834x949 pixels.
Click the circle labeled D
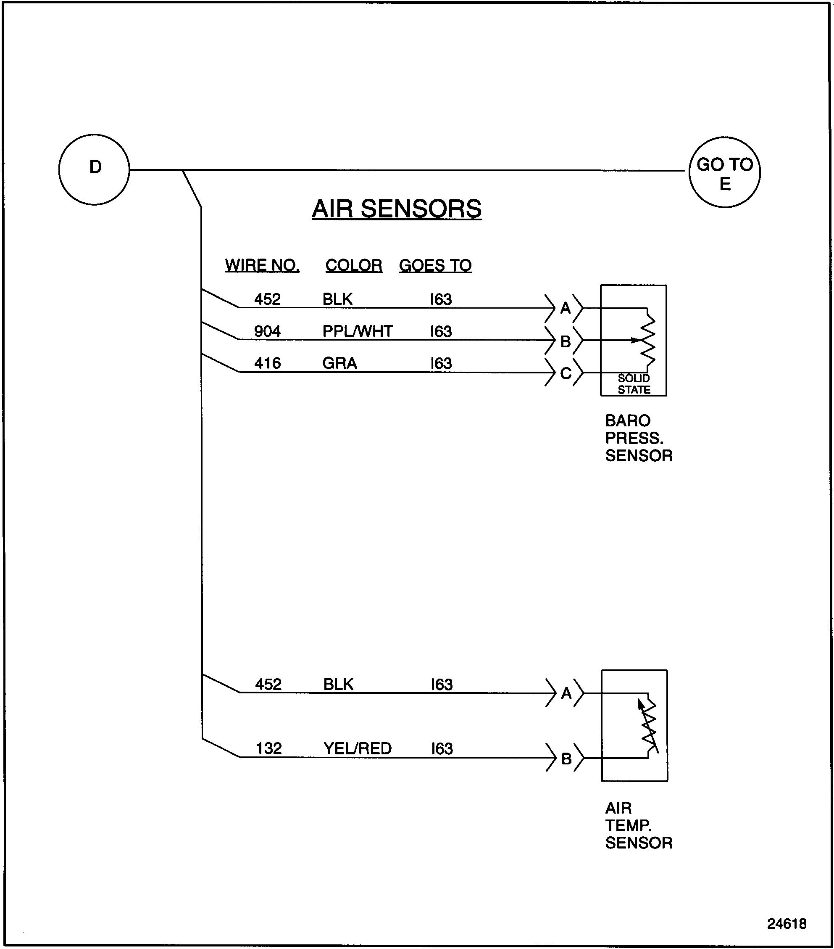(x=94, y=169)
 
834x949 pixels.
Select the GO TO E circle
(x=724, y=172)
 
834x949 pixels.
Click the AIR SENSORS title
(x=397, y=209)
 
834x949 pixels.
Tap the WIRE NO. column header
(x=262, y=266)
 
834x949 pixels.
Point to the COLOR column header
(x=354, y=266)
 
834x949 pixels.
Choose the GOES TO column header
(x=435, y=266)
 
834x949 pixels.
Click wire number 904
(x=267, y=331)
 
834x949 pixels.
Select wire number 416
(x=267, y=362)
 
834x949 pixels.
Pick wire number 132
(x=269, y=748)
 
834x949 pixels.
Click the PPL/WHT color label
(x=358, y=331)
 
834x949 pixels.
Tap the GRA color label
(x=339, y=362)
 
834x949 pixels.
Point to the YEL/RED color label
(x=357, y=748)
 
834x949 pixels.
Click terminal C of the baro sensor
(x=566, y=373)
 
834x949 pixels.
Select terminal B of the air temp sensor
(x=566, y=759)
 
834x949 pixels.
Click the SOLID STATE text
(x=634, y=384)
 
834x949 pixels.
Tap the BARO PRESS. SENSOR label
(x=638, y=438)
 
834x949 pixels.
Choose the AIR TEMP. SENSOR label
(x=638, y=825)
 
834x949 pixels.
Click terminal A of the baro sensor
(x=566, y=308)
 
